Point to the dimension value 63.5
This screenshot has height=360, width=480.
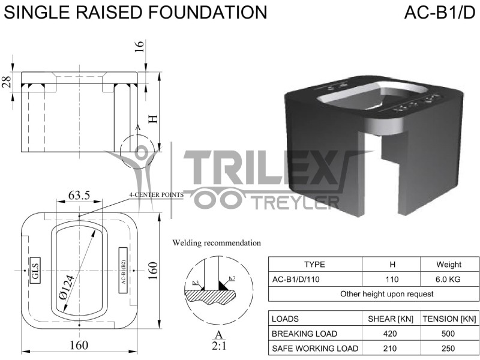(79, 195)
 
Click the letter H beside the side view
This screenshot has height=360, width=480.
(154, 118)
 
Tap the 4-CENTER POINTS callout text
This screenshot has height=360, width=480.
(155, 195)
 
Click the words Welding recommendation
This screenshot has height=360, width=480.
(217, 243)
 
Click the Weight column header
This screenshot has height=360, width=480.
(448, 264)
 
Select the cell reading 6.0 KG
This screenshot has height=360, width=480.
(448, 279)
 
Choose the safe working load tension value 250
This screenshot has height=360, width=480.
(449, 348)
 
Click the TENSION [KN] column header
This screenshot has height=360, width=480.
(449, 319)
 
